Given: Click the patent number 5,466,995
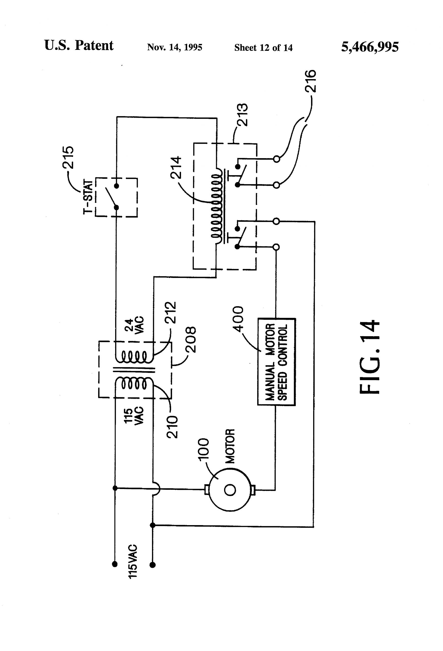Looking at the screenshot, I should point(370,47).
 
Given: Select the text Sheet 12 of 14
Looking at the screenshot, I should point(263,48).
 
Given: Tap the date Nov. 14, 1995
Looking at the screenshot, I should point(174,47).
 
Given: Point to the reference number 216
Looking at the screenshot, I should point(311,81).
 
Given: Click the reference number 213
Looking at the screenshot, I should point(242,115).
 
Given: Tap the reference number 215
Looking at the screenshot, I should point(68,157).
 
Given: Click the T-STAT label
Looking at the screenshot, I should point(88,197).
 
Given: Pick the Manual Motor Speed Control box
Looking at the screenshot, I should point(276,362).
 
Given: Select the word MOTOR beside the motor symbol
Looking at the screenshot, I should point(231,446).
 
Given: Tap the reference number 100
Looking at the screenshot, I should point(204,449).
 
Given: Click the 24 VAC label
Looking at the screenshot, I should point(134,325).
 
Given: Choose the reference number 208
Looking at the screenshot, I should point(191,339).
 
